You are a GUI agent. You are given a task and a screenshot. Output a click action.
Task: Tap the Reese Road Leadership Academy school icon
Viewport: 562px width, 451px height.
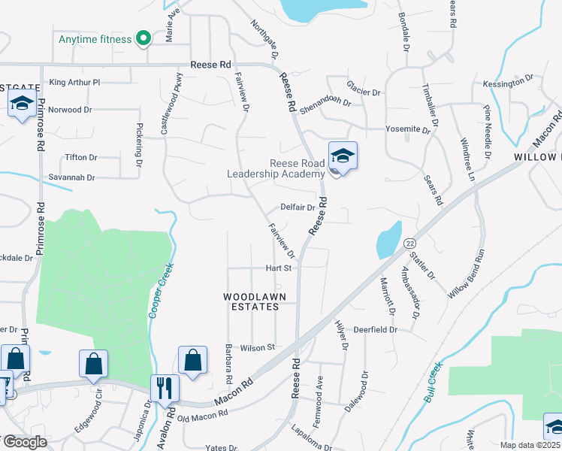(x=343, y=157)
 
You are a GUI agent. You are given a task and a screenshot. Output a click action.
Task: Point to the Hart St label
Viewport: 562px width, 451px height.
(x=277, y=268)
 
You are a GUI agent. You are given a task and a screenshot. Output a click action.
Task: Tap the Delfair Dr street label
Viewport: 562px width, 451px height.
(x=297, y=207)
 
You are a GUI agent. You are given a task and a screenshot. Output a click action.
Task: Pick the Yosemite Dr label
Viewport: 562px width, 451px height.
(x=407, y=129)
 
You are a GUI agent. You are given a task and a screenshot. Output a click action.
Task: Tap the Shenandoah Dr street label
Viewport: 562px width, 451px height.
(x=325, y=103)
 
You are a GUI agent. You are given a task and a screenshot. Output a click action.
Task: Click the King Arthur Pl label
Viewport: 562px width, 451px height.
(x=74, y=82)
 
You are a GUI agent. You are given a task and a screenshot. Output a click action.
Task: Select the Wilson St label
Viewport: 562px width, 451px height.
(x=258, y=347)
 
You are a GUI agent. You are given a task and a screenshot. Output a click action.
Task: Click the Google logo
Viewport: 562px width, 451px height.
(x=24, y=442)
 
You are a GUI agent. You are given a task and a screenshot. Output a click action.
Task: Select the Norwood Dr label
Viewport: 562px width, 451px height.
(x=70, y=110)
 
